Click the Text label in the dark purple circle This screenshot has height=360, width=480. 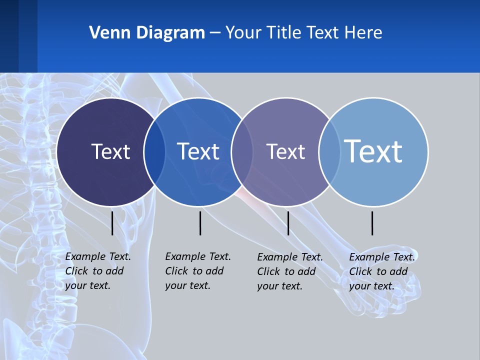tap(110, 151)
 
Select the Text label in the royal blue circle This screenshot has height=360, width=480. tap(198, 151)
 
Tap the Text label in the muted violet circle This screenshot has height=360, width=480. tap(285, 151)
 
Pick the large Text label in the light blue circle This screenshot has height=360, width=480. tap(373, 151)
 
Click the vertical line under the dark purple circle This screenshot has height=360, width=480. tap(112, 223)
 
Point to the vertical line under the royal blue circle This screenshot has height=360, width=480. tap(200, 223)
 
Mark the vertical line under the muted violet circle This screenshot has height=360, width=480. tap(288, 223)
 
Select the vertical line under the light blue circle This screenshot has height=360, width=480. tap(372, 223)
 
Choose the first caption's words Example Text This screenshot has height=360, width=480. tap(98, 256)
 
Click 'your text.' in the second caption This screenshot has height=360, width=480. tap(187, 285)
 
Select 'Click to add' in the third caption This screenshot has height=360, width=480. tap(286, 271)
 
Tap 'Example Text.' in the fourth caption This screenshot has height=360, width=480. tap(382, 257)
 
